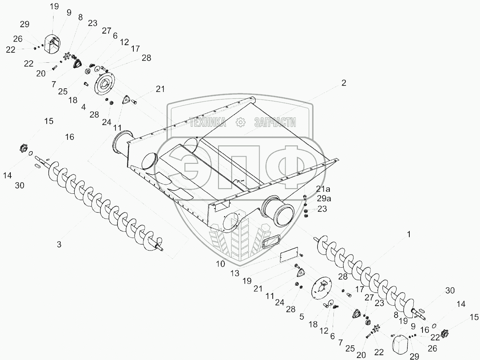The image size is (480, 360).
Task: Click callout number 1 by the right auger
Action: pos(409,235)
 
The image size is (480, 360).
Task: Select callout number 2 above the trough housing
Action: pos(343,83)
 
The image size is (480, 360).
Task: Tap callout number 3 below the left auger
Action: pos(59,244)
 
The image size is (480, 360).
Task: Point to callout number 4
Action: pos(83,107)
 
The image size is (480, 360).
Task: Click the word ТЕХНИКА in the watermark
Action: pos(207,122)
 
